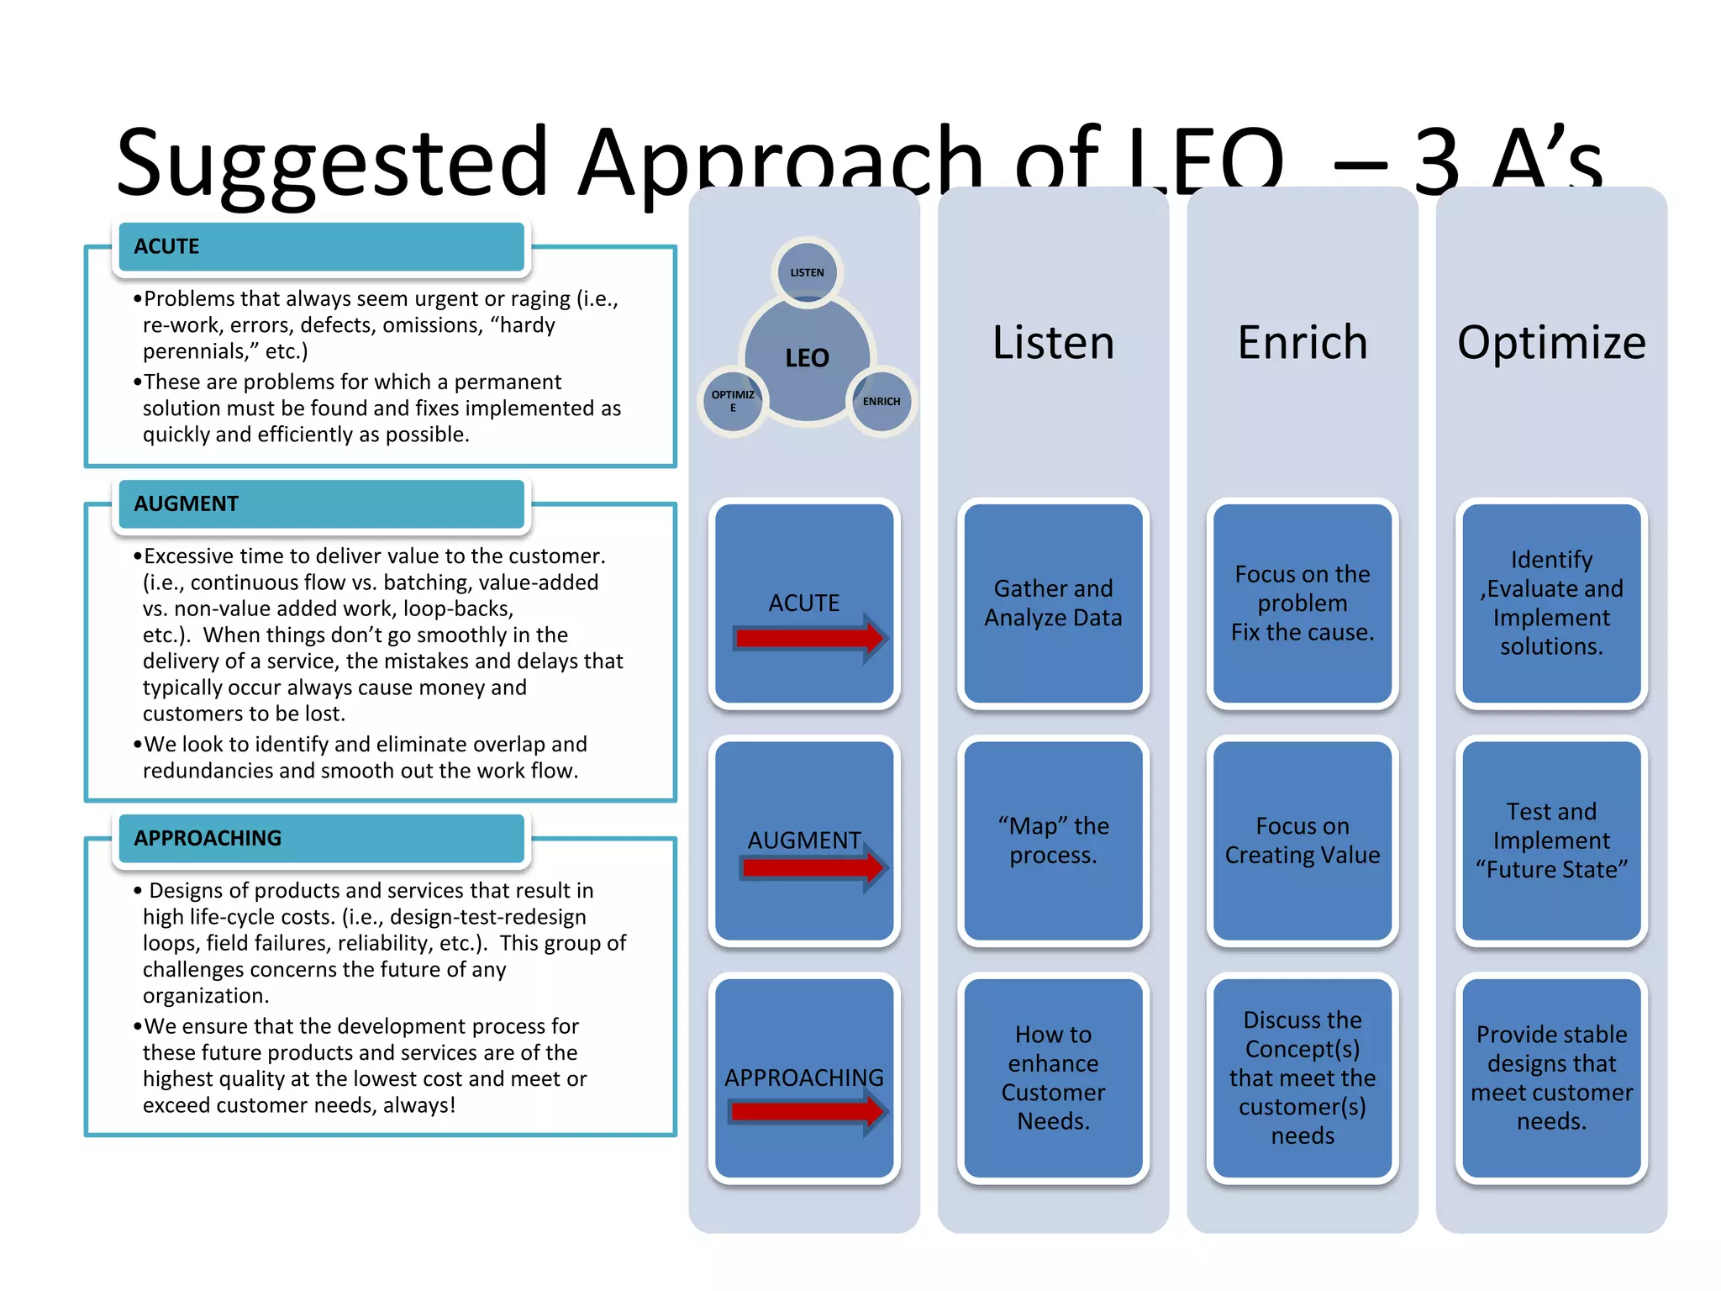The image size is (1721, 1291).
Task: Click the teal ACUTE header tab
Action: [x=321, y=247]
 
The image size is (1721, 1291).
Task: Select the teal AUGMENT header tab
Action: [x=321, y=504]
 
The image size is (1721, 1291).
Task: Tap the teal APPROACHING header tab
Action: [x=321, y=839]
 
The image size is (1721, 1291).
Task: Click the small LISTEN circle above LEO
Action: [x=807, y=272]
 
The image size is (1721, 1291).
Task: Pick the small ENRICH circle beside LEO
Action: [x=881, y=402]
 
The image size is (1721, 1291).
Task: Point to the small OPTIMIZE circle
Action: [x=733, y=402]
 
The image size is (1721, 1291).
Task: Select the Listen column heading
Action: [x=1053, y=343]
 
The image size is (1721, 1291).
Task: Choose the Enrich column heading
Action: [x=1302, y=343]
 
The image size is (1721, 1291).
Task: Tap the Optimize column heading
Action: [x=1551, y=343]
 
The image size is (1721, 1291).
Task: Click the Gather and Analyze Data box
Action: [x=1053, y=603]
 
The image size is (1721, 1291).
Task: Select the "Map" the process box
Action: [x=1053, y=840]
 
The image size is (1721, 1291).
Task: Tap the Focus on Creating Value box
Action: [x=1302, y=840]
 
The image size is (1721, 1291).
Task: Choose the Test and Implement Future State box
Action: [x=1551, y=840]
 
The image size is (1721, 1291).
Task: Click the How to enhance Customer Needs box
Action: [x=1053, y=1078]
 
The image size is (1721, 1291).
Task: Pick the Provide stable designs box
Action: [x=1551, y=1078]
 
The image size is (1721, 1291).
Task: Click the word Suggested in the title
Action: [x=332, y=161]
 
